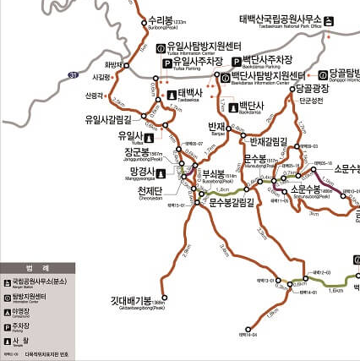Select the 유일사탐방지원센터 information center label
204,47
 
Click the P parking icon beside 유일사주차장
166,63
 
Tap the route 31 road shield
74,76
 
